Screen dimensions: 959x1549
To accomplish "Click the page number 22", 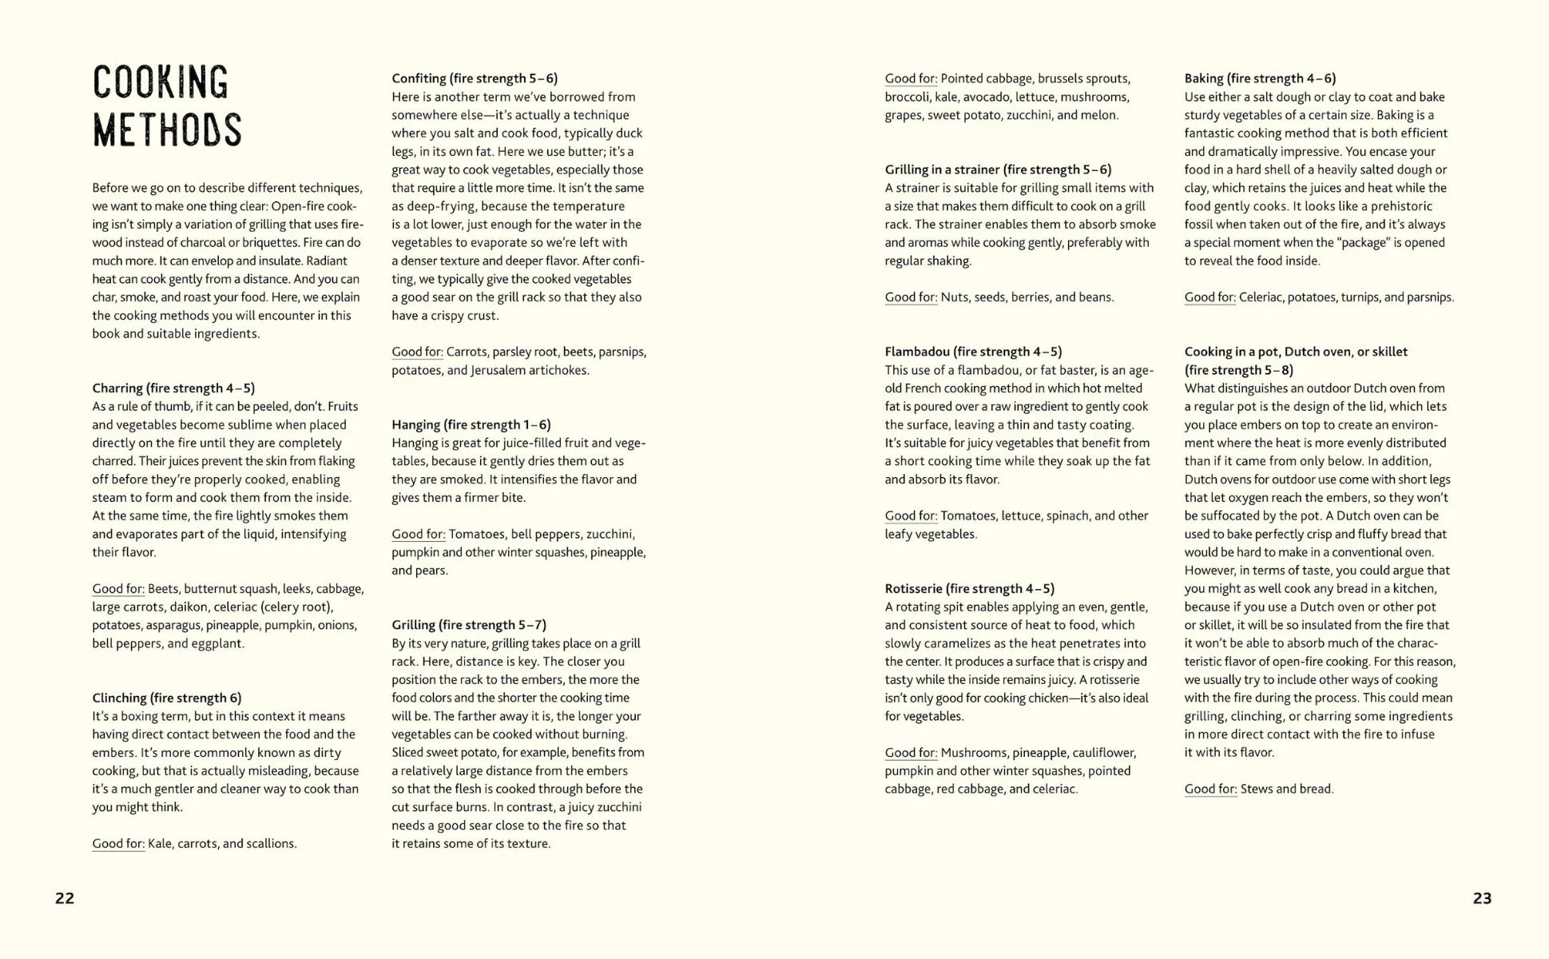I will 65,898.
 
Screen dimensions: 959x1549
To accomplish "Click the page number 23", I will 1482,898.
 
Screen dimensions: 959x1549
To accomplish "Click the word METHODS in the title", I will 167,131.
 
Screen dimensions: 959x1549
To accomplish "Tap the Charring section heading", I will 173,388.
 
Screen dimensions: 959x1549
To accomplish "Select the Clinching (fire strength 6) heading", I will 166,698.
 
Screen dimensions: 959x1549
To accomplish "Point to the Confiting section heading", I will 475,78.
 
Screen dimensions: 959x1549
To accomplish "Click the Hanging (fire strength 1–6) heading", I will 471,424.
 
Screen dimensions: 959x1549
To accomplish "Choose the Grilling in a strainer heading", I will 998,169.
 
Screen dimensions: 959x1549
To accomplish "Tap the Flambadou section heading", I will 973,352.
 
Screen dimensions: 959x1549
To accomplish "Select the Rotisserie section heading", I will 969,588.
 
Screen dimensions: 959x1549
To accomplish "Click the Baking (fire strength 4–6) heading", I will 1260,78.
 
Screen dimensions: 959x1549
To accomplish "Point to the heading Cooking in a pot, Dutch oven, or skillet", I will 1296,352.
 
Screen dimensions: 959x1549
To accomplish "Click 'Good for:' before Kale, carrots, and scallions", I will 118,843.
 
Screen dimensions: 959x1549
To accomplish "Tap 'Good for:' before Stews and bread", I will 1210,789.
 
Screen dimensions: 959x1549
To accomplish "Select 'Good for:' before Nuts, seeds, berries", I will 911,297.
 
